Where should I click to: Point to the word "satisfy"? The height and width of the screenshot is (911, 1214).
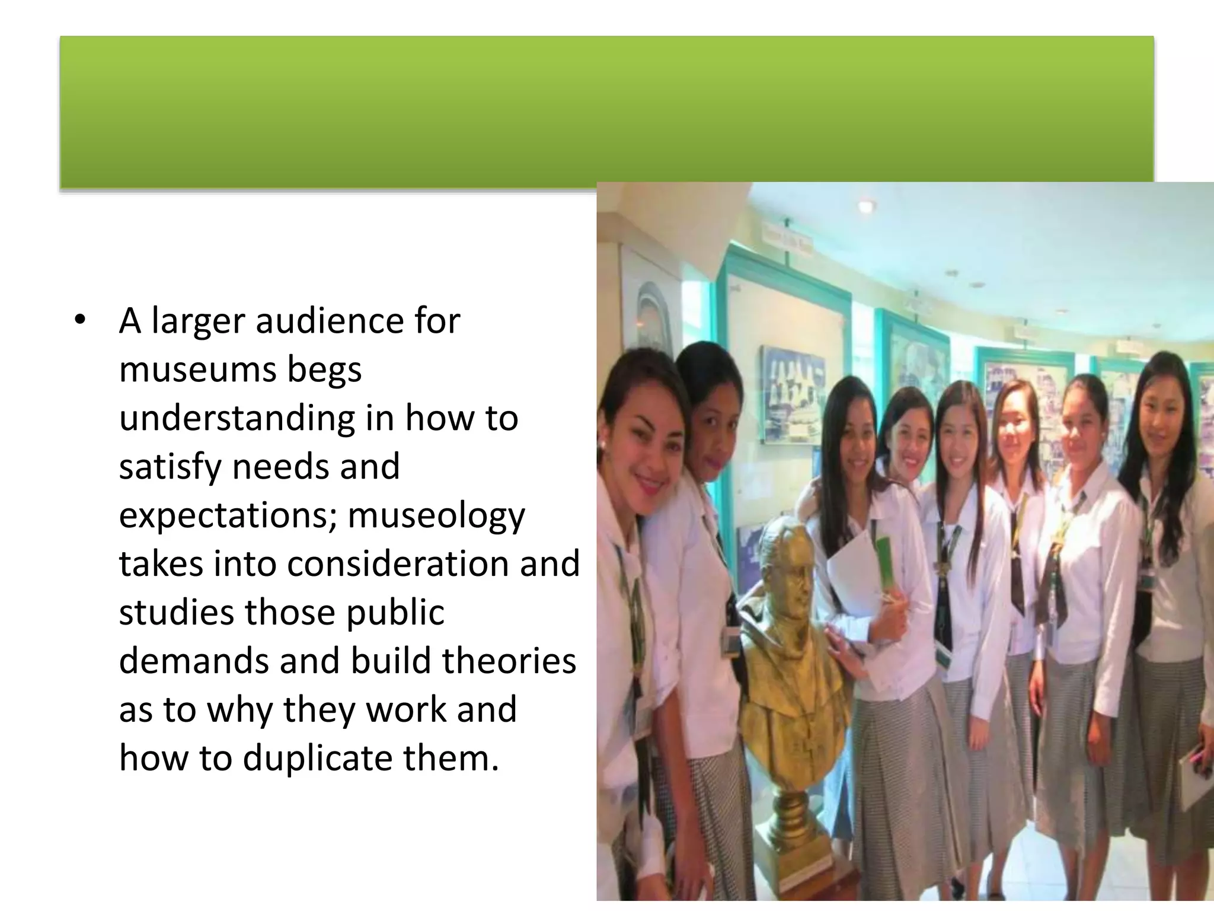(x=170, y=467)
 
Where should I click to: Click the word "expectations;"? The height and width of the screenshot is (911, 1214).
(x=228, y=515)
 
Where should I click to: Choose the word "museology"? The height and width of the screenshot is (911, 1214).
(x=436, y=515)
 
